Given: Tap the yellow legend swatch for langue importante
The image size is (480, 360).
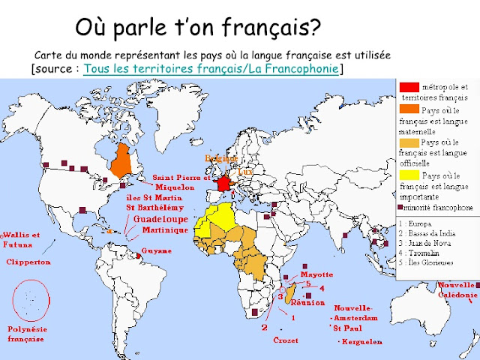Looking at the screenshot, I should [x=409, y=175].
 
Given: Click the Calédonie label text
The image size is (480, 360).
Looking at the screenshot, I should [x=457, y=295].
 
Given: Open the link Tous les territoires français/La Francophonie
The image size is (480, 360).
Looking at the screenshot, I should [x=213, y=69].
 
